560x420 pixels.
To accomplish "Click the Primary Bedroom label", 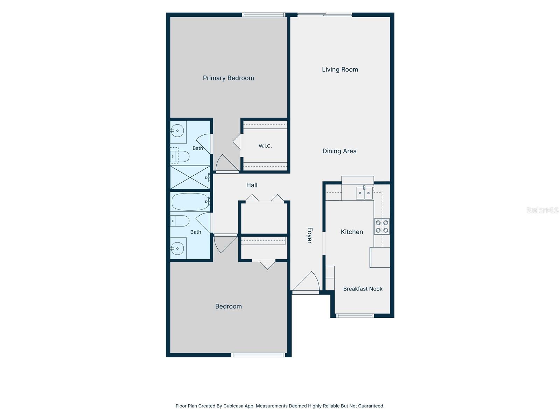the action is click(x=228, y=78).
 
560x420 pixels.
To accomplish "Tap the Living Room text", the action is click(x=340, y=69).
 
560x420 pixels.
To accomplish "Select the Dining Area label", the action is click(x=339, y=151).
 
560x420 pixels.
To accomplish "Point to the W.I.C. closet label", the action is click(x=265, y=146).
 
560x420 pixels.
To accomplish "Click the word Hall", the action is click(x=252, y=185).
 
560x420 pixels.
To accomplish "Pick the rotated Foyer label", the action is click(x=309, y=235).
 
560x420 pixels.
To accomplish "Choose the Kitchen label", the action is click(x=352, y=232).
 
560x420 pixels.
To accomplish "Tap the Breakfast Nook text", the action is click(x=363, y=289).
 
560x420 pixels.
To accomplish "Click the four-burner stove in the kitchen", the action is click(x=381, y=226).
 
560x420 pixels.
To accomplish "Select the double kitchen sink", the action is click(x=364, y=193).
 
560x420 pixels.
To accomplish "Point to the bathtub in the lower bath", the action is click(x=190, y=202).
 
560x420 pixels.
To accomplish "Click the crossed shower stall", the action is click(x=190, y=177).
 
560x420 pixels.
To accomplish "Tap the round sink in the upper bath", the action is click(x=177, y=131).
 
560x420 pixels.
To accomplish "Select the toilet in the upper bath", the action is click(x=180, y=156).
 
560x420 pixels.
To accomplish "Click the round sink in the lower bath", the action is click(x=177, y=248).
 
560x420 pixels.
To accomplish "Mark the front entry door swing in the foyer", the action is click(x=306, y=281).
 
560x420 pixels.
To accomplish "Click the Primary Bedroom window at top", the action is click(x=264, y=15).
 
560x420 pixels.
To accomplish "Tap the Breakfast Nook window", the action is click(x=355, y=316).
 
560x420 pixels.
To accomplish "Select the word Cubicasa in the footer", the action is click(x=233, y=406).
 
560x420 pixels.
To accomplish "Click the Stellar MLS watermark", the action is click(x=542, y=210).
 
